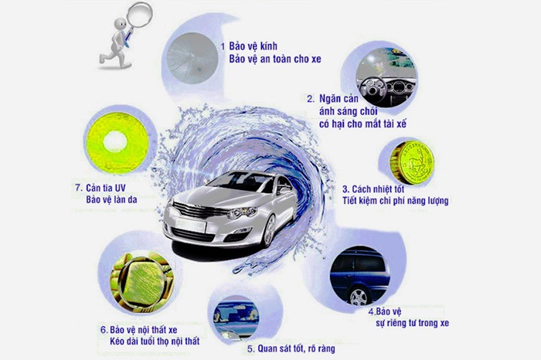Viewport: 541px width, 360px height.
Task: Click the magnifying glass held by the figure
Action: pos(138,17)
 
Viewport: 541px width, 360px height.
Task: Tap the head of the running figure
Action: pos(120,25)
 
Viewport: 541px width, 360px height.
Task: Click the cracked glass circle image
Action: pos(192,58)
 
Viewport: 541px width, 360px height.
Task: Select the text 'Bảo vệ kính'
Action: pos(253,46)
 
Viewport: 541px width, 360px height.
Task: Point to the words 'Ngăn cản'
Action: pos(339,99)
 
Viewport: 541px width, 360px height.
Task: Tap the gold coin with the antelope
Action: pos(412,162)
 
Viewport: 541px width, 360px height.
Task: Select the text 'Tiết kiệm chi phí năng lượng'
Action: pos(396,201)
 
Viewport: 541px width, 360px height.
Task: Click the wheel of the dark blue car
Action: pos(359,297)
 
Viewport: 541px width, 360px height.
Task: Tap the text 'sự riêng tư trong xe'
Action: pos(412,323)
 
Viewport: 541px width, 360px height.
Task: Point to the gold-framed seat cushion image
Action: pos(141,282)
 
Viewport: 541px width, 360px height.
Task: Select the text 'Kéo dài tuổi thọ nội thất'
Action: pos(155,341)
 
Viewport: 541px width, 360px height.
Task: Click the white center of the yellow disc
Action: pos(115,142)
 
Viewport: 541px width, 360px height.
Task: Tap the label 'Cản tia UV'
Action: pos(106,188)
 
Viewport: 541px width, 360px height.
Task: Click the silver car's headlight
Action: pos(242,212)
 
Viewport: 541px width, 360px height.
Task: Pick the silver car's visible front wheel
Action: pos(268,231)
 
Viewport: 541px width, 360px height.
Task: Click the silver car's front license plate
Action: pos(190,226)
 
